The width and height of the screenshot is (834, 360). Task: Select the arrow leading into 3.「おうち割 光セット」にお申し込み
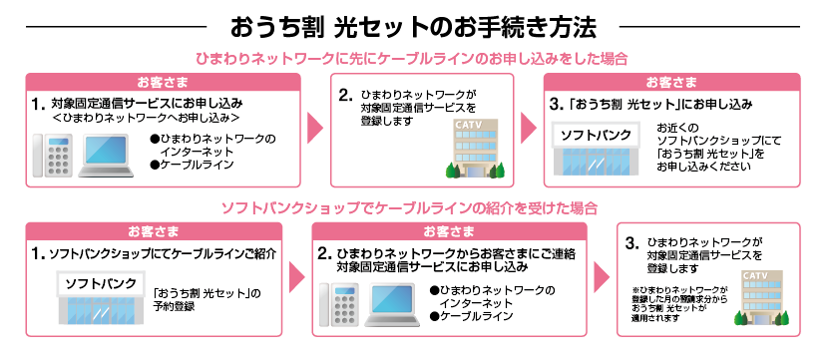[527, 129]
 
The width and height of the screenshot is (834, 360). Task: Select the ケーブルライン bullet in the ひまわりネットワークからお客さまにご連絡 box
[477, 317]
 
